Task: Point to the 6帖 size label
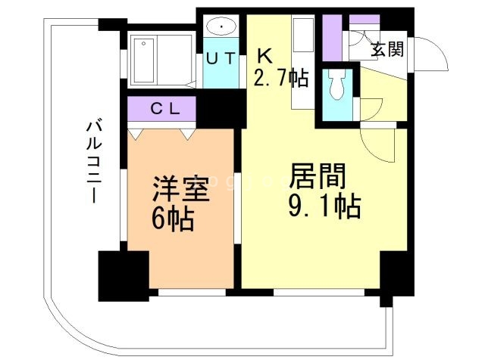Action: coord(174,219)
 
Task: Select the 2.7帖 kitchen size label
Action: coord(280,76)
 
